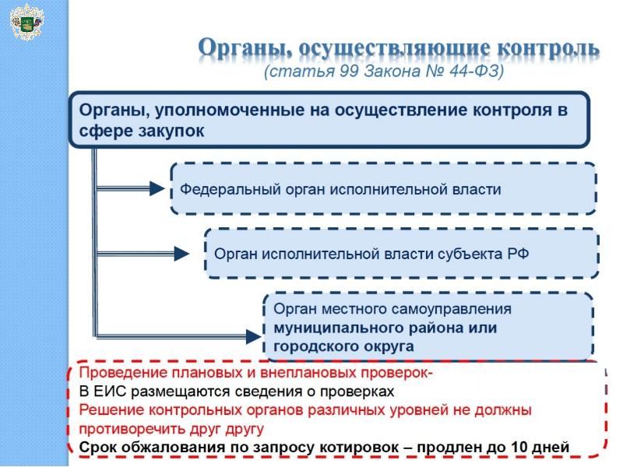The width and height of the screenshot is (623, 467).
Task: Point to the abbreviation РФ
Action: pyautogui.click(x=519, y=254)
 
